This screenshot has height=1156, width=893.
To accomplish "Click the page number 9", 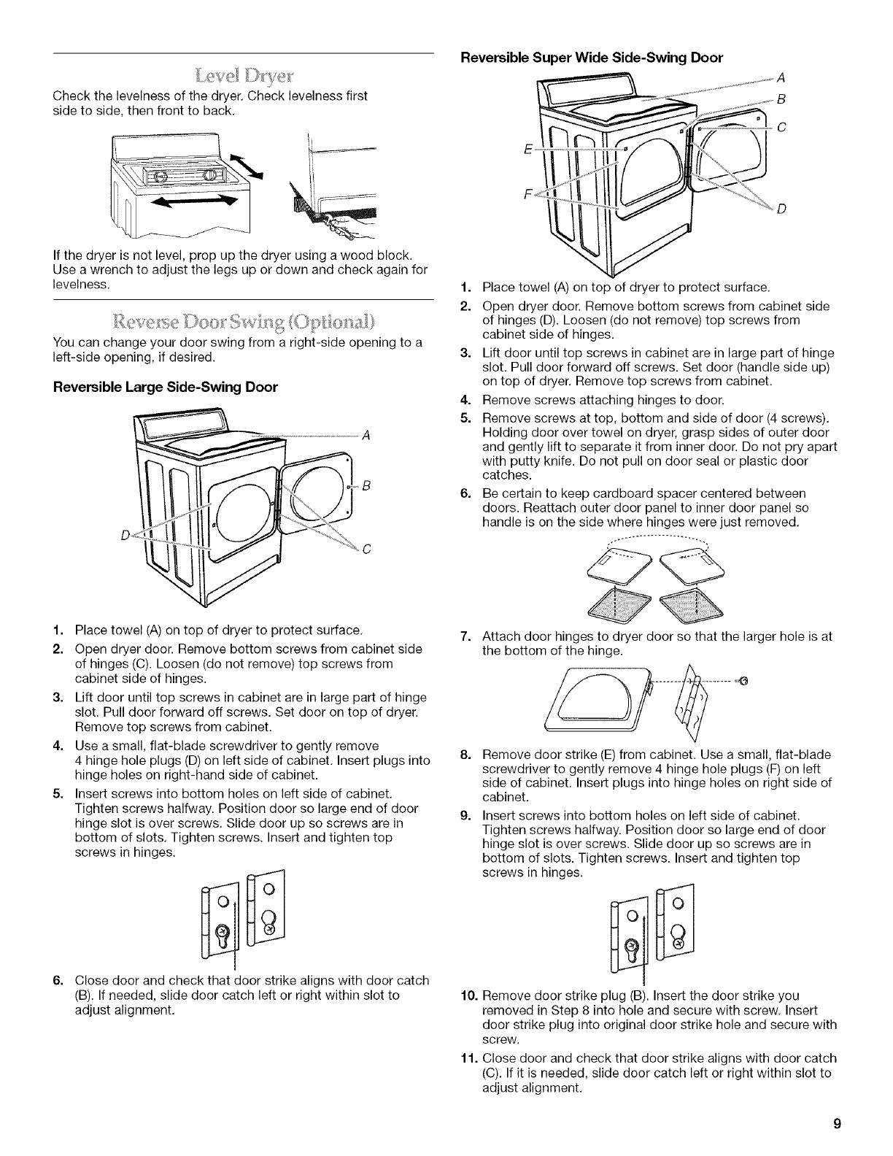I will tap(839, 1124).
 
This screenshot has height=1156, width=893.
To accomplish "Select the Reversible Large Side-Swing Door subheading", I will tap(164, 387).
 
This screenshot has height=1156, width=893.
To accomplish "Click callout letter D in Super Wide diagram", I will tap(781, 211).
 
